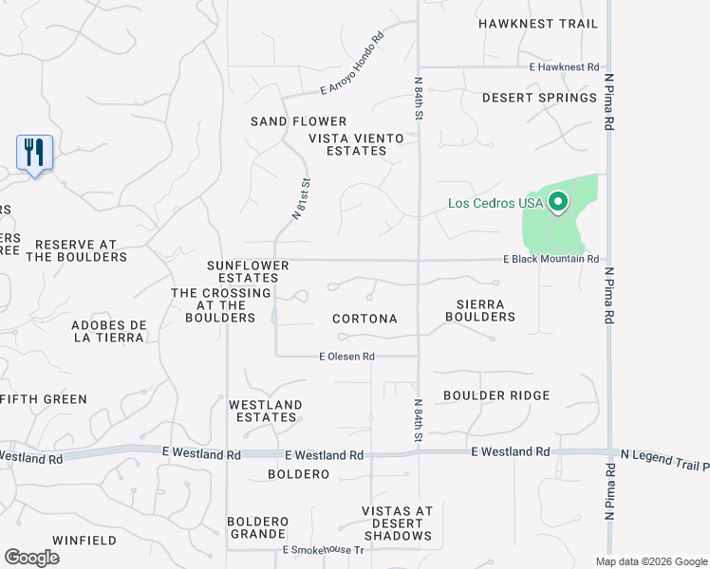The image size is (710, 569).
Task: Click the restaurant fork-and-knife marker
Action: [x=34, y=152]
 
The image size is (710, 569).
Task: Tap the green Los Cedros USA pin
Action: [x=558, y=201]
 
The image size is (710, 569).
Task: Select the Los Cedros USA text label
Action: [x=495, y=203]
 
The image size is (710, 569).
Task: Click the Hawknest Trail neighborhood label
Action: [x=538, y=24]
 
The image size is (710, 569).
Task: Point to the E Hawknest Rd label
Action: [x=565, y=67]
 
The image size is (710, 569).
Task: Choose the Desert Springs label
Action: [x=539, y=98]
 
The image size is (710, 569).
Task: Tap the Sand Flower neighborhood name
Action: [x=298, y=121]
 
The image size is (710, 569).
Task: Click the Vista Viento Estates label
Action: [x=356, y=144]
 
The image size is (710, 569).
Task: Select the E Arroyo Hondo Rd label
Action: [x=352, y=64]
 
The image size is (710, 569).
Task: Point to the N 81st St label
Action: [x=301, y=198]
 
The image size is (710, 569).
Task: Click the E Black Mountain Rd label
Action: [x=551, y=259]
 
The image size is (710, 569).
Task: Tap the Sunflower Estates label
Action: [x=243, y=271]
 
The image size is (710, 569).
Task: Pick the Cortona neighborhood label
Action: [x=364, y=319]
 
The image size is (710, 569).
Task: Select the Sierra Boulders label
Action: [x=479, y=311]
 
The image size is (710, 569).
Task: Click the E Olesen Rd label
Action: [x=347, y=357]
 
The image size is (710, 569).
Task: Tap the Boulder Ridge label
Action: [x=495, y=395]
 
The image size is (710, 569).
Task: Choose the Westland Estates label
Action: [x=265, y=412]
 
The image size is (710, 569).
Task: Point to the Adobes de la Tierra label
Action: [x=108, y=331]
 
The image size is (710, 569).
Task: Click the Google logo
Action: [x=31, y=558]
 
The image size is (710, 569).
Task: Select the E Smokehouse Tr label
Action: [x=323, y=550]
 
